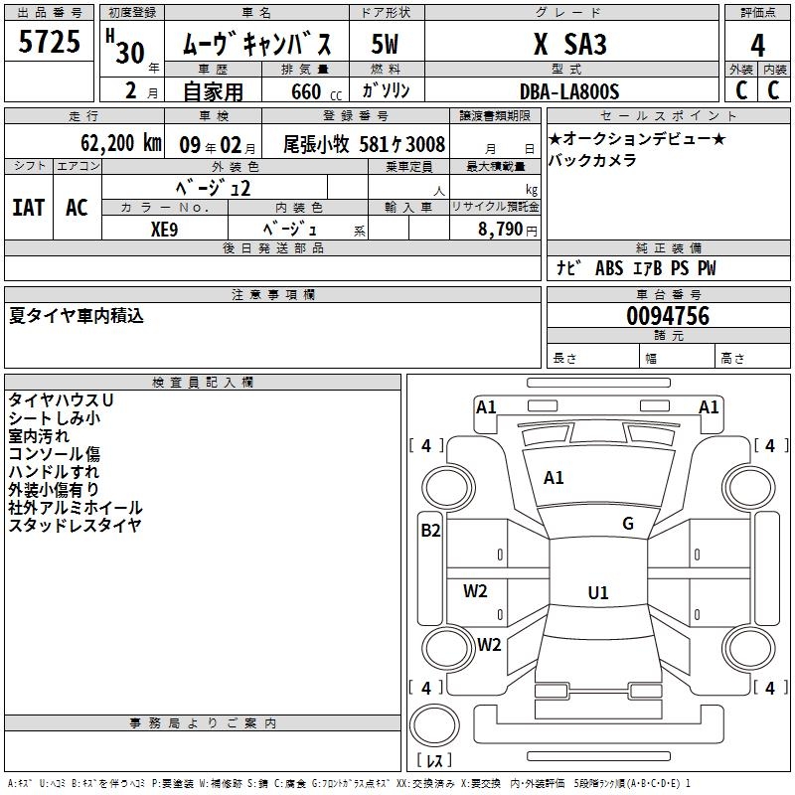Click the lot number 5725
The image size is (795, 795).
49,42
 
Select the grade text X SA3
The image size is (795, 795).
569,44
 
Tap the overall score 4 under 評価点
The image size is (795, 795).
757,46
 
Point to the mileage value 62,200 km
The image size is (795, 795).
120,143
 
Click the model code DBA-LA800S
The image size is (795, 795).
569,91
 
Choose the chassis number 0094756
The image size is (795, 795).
668,316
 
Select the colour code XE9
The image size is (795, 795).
164,230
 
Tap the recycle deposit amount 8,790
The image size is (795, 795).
501,230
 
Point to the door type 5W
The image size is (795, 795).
385,44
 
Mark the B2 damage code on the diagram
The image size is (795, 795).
430,531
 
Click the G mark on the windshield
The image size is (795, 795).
628,524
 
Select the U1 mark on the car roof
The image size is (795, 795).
598,592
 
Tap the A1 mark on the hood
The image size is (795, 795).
554,478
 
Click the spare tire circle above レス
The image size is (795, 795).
434,725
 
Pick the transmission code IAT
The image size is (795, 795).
29,208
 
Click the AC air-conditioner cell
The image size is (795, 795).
77,208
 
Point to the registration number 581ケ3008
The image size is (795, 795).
402,144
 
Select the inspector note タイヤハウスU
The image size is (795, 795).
61,400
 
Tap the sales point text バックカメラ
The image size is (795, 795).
592,160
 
